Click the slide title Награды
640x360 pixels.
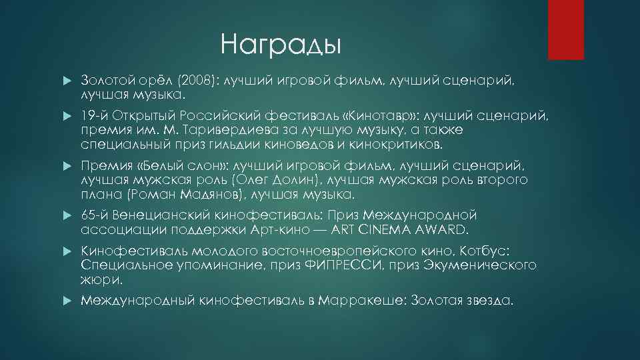coord(281,45)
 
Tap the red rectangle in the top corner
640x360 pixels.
coord(570,30)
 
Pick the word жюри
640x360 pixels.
coord(97,281)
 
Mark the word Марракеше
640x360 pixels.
coord(360,301)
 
